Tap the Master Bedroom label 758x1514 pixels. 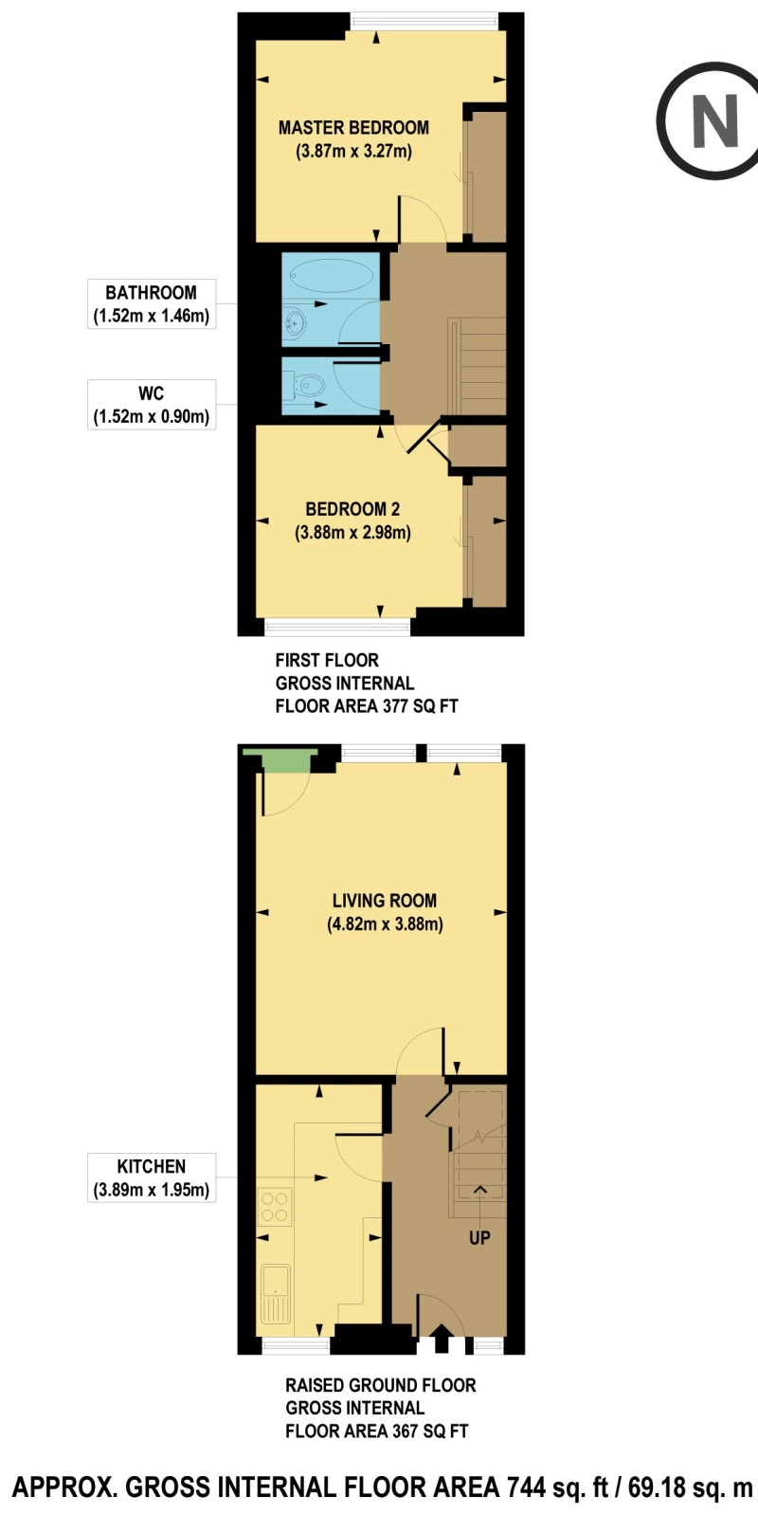coord(353,128)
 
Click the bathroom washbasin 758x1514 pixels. coord(295,324)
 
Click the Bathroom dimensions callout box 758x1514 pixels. coord(152,304)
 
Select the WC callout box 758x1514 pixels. coord(152,405)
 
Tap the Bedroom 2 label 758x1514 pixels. coord(352,509)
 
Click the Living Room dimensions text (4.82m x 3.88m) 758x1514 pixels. coord(385,924)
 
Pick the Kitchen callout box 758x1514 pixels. coord(152,1177)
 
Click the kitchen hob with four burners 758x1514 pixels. coord(275,1207)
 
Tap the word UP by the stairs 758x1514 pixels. coord(479,1238)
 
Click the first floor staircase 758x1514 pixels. coord(477,365)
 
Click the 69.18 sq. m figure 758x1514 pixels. coord(690,1487)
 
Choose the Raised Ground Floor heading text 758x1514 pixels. coord(381,1385)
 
